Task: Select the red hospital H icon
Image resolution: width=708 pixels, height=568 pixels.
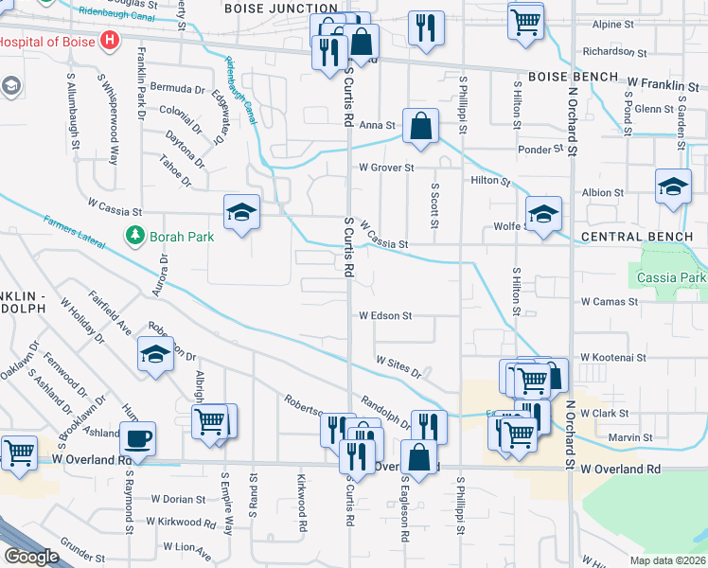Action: coord(111,41)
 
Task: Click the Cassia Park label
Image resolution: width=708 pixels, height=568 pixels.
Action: coord(672,278)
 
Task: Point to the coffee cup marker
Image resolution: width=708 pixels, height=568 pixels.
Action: coord(138,438)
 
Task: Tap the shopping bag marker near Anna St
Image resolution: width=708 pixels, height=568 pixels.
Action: coord(420,126)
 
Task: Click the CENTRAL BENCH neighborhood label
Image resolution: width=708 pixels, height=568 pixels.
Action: coord(629,236)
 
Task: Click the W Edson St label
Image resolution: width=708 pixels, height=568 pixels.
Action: coord(385,315)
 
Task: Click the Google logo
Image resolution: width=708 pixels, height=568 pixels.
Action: coord(31,557)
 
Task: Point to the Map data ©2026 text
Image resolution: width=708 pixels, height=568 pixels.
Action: coord(668,560)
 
